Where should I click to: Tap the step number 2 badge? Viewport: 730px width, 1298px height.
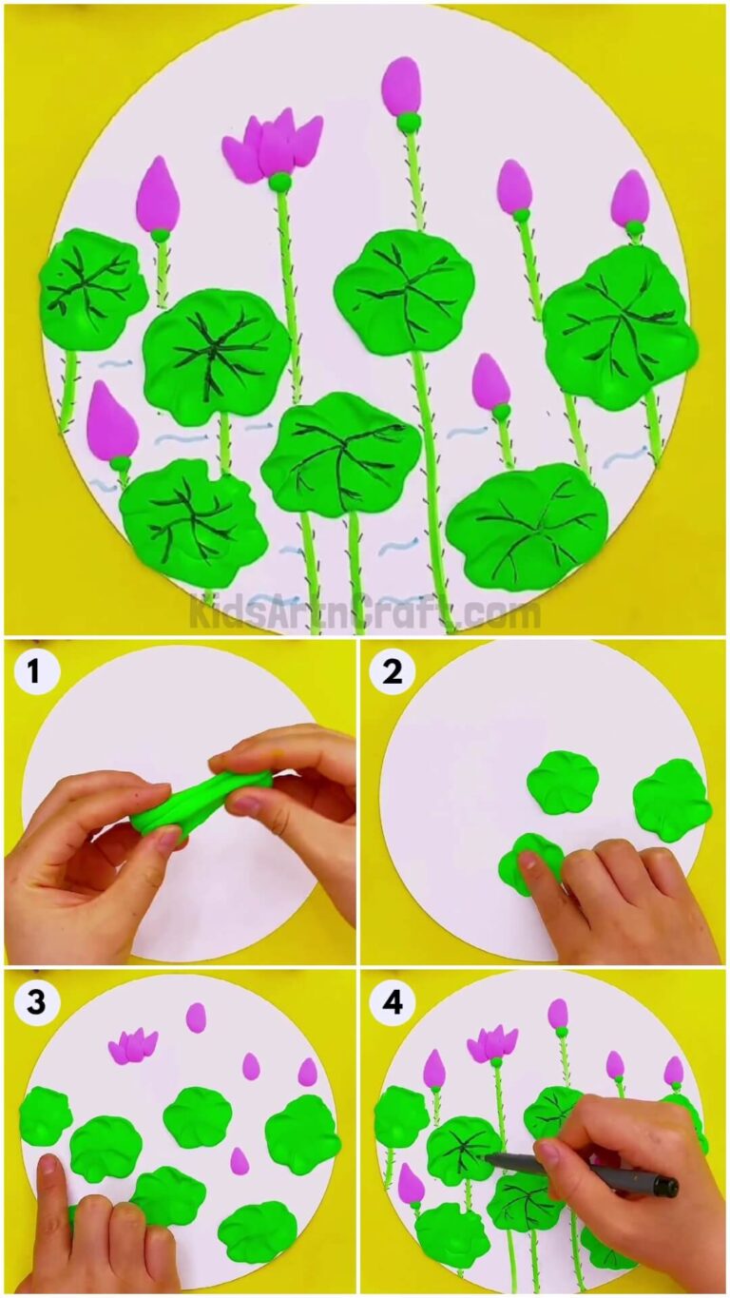point(392,673)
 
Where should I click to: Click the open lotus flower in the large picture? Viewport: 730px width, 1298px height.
point(272,145)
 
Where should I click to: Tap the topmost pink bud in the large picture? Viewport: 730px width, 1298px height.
point(401,86)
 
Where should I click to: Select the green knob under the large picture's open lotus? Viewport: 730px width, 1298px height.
point(279,182)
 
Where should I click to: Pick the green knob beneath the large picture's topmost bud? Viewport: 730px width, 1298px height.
point(408,122)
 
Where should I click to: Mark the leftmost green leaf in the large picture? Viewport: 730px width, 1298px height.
point(92,288)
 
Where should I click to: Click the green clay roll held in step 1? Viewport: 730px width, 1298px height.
point(200,804)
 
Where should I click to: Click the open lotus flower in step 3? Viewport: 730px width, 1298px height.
point(132,1045)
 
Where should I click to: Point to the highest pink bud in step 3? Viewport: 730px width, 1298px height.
point(196,1017)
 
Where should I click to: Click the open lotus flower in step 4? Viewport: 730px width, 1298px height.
point(491,1043)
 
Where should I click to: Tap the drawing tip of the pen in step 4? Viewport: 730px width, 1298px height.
point(489,1157)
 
